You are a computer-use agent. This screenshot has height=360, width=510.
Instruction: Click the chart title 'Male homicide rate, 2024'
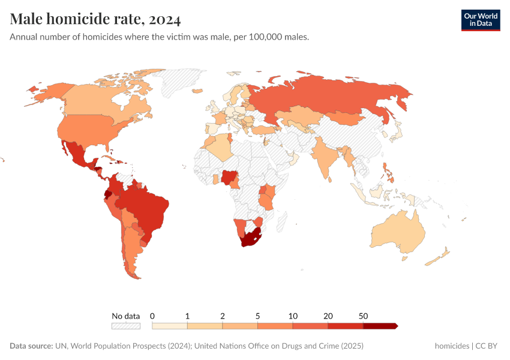click(95, 19)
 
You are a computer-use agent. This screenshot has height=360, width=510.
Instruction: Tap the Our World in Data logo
click(480, 20)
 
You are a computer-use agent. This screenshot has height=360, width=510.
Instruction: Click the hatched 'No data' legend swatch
click(125, 326)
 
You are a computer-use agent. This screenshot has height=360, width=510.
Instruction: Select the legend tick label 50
click(363, 316)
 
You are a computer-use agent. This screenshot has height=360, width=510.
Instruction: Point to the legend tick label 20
click(328, 316)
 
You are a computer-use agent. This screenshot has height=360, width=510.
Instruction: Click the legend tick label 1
click(188, 316)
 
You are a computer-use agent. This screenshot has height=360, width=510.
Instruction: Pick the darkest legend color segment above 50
click(380, 326)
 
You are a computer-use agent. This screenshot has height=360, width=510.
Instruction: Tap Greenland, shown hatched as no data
click(180, 81)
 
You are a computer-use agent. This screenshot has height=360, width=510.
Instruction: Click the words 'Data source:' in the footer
click(31, 346)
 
